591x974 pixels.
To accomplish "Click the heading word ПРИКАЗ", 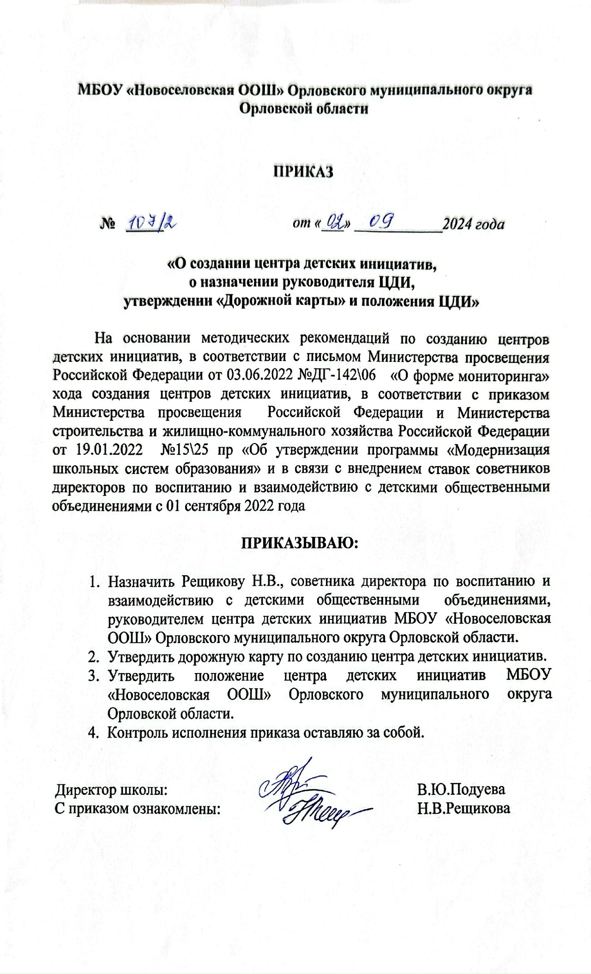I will [x=304, y=172].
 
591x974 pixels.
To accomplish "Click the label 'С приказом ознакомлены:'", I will [x=138, y=809].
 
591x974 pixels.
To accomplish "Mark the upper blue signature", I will [x=282, y=785].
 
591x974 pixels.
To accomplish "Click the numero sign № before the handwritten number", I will [x=107, y=225].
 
